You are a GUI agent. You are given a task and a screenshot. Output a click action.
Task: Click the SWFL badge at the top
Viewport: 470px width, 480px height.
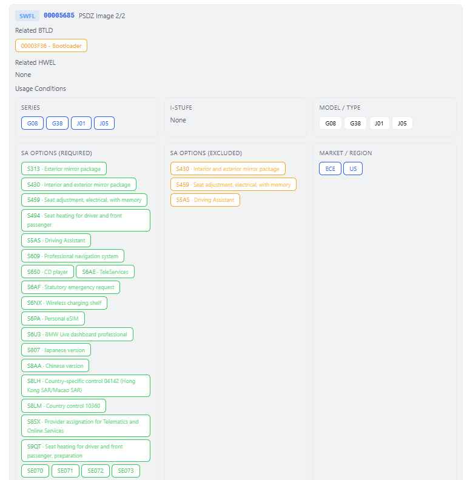[27, 16]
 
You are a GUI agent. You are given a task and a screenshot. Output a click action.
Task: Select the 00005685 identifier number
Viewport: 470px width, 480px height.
[59, 15]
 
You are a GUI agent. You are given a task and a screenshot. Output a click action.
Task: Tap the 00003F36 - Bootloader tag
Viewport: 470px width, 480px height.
[51, 45]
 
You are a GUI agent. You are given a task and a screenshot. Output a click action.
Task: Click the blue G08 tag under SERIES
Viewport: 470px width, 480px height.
[33, 124]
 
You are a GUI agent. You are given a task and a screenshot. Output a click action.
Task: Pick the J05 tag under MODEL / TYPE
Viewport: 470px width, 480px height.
[402, 124]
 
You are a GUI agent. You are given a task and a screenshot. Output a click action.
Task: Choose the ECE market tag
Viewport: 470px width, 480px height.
[331, 168]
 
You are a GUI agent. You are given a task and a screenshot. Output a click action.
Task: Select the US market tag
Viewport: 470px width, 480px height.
[353, 168]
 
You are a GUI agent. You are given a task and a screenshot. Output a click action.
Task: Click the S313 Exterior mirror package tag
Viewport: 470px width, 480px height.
[64, 168]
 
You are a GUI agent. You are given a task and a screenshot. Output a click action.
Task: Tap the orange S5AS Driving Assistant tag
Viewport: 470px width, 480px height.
[205, 200]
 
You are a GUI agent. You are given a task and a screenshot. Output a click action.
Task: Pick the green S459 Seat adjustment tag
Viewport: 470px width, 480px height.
[84, 200]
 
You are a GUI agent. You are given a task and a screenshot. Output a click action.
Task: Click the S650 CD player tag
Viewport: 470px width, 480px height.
[47, 272]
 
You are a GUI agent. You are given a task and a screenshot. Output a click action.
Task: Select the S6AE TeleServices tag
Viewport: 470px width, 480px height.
[106, 272]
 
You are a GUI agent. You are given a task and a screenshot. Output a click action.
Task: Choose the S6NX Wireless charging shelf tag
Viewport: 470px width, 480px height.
[64, 303]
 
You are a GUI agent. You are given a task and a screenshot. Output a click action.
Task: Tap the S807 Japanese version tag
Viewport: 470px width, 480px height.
[56, 350]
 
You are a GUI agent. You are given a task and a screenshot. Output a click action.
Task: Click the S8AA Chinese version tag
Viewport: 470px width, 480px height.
[55, 366]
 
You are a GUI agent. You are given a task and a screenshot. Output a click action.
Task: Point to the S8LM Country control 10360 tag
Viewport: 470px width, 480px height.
[64, 406]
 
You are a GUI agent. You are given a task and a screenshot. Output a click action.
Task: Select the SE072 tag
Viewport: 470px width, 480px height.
[96, 471]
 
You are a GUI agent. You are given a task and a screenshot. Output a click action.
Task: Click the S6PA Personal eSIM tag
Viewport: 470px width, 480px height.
[53, 319]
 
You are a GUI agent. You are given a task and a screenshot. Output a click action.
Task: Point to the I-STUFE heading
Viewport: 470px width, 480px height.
[181, 108]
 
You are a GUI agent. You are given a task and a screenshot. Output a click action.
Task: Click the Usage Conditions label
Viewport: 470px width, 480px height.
[41, 88]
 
